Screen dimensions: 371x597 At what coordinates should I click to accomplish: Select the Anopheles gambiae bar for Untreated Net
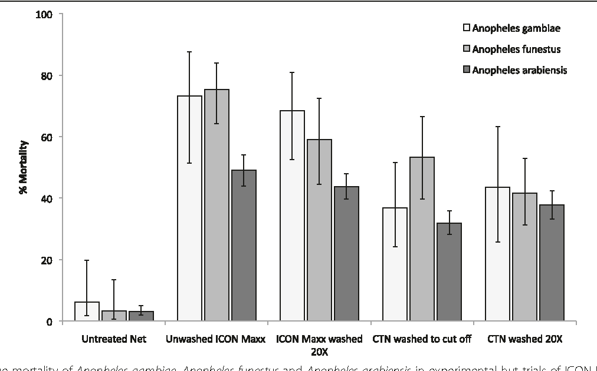(87, 312)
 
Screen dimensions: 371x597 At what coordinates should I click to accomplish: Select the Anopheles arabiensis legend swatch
(465, 70)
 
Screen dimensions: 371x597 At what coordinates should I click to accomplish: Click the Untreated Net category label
(113, 339)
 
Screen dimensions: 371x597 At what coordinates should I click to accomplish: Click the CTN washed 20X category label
(524, 339)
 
